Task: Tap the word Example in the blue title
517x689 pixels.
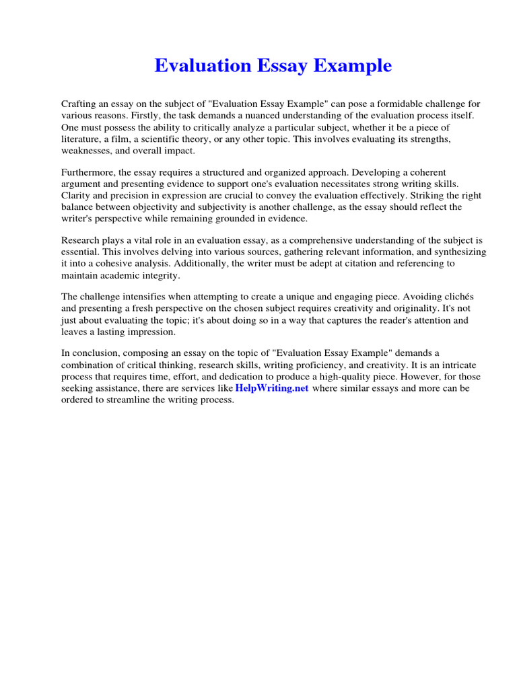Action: click(x=355, y=66)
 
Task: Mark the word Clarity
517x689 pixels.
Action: click(x=76, y=196)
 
